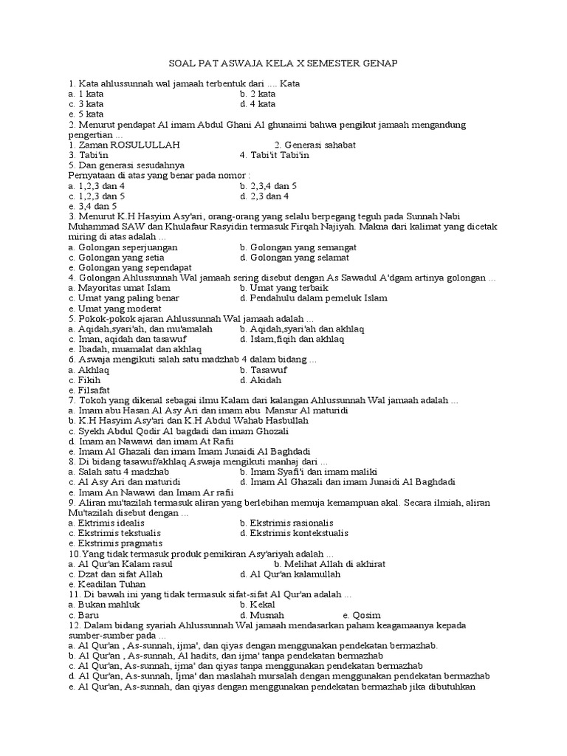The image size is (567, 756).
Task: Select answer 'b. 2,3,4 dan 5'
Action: coord(268,186)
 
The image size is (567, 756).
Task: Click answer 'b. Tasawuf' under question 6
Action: coord(263,369)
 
